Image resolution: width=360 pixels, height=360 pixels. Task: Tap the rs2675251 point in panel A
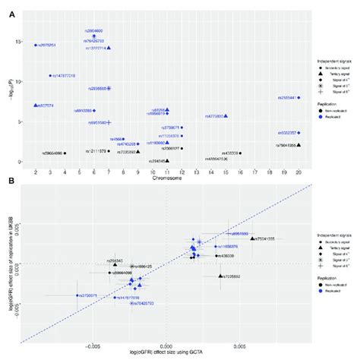35,46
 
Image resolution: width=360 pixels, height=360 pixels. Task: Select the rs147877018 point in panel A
50,76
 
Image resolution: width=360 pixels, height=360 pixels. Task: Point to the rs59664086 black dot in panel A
65,153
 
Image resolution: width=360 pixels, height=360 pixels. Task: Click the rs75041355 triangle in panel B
253,238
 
